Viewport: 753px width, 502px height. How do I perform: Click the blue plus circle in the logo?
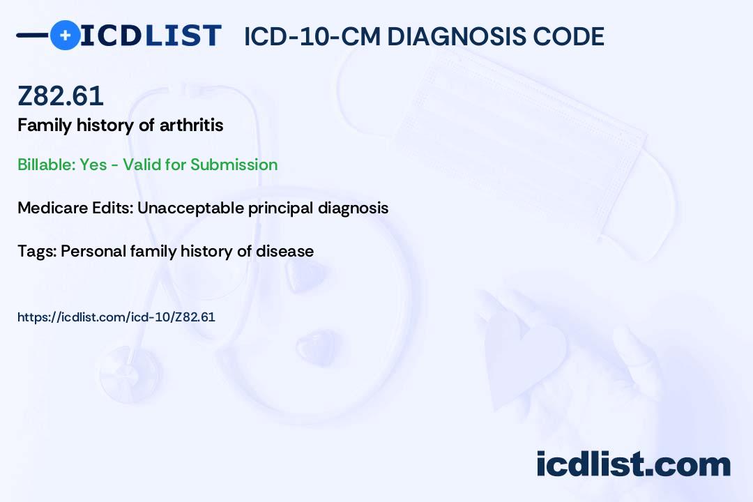[x=65, y=35]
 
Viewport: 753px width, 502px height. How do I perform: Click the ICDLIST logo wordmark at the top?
[x=151, y=36]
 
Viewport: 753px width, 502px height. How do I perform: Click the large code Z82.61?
[x=61, y=96]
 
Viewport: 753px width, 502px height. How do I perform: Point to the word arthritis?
[x=191, y=125]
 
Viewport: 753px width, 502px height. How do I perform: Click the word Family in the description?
[x=45, y=126]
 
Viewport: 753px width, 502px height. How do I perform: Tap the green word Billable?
[x=47, y=165]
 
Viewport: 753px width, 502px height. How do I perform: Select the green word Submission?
[x=234, y=165]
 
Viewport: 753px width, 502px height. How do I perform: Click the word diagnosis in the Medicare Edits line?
[x=353, y=208]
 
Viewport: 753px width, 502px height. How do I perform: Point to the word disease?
[x=284, y=251]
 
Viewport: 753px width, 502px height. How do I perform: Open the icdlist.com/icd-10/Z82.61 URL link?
[x=116, y=317]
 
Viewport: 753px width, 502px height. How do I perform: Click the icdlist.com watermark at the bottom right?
[x=633, y=464]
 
